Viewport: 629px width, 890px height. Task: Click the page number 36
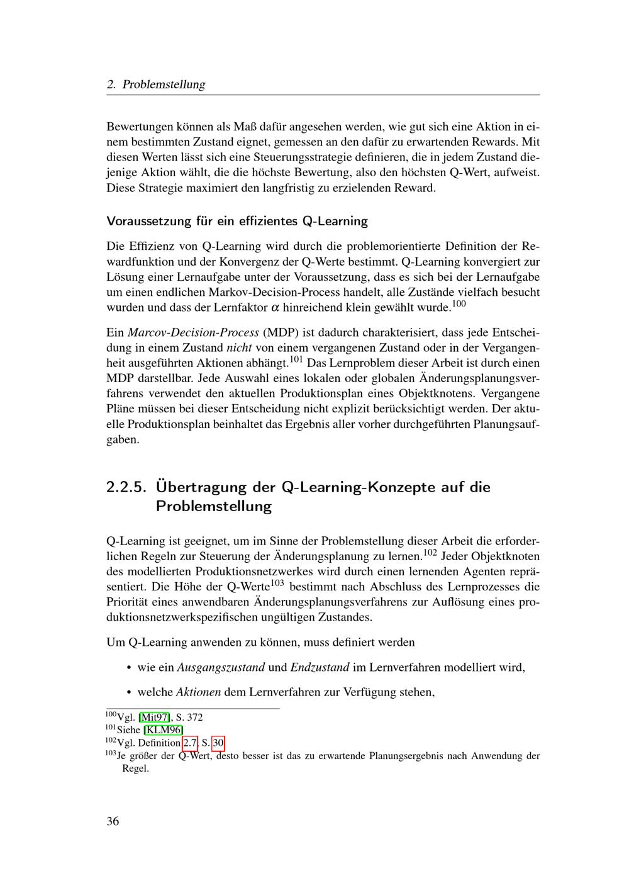coord(113,821)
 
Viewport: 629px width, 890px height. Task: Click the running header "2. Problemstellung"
coord(156,84)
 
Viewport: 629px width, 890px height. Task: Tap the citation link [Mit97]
coord(155,717)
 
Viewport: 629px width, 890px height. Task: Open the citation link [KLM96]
coord(164,730)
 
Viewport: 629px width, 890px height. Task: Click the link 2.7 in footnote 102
coord(189,743)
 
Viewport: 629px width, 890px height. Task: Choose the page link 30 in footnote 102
coord(218,743)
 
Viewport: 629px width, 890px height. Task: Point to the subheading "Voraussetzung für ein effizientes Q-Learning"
coord(237,221)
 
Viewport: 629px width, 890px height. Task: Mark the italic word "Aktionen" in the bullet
coord(198,692)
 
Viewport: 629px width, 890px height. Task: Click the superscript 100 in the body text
coord(460,304)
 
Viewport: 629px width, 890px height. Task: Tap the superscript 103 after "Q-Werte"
coord(278,583)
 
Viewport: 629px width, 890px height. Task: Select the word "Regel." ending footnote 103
coord(135,769)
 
